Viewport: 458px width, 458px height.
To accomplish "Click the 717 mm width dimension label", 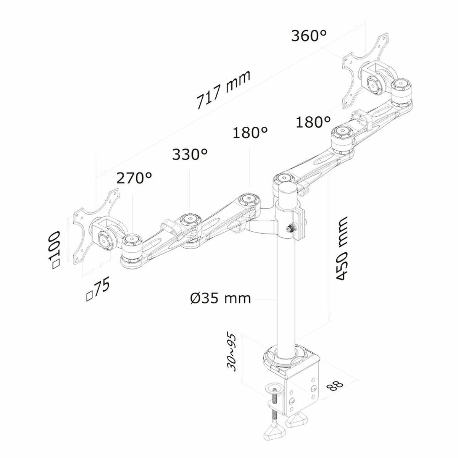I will coord(224,90).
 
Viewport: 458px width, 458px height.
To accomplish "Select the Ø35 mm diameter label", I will coord(220,298).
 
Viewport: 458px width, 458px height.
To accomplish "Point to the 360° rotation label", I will coord(309,36).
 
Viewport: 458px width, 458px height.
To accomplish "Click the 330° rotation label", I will coord(190,155).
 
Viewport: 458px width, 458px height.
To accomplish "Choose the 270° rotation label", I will coord(134,178).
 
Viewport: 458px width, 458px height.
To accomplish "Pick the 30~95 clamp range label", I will coord(232,353).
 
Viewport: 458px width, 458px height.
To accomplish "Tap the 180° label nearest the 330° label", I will coord(250,133).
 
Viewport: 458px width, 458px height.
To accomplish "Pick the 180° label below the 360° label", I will coord(314,122).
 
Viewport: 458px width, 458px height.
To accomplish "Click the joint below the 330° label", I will coord(190,220).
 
